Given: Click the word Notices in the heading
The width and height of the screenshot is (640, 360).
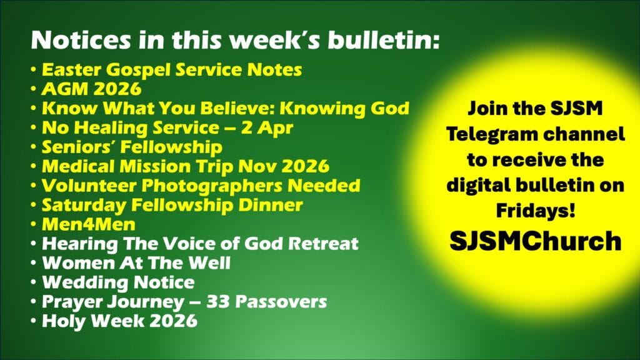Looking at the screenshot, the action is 81,41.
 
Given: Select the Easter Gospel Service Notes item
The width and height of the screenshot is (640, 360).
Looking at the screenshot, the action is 172,70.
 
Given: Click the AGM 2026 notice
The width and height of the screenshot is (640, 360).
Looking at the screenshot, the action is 92,89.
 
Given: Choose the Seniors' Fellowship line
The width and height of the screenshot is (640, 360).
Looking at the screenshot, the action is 132,147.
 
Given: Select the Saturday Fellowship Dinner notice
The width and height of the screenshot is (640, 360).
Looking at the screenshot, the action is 172,205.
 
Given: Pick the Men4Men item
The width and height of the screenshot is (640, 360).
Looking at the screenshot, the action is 89,224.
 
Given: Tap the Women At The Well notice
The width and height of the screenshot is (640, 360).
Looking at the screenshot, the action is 136,263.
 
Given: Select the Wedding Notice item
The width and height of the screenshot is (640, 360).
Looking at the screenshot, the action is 118,282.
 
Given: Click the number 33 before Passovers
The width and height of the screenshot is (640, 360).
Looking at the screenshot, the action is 218,302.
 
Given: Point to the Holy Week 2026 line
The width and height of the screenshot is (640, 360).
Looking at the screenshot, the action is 119,321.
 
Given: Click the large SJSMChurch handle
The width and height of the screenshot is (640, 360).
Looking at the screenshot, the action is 536,241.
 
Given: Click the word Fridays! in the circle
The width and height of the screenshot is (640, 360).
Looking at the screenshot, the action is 536,211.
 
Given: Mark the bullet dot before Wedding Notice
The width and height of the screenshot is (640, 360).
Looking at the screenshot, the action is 34,282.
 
